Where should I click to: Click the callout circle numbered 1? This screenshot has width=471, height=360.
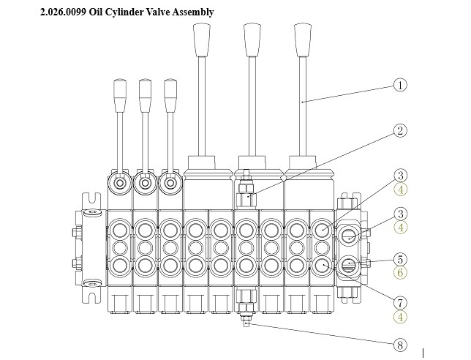400,85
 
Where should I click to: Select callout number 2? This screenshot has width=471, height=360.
400,131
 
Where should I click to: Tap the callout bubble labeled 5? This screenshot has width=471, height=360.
400,259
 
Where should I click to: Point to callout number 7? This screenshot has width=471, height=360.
400,302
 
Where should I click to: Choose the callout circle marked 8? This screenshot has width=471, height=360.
400,344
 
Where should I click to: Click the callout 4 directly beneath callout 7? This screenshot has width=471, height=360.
400,317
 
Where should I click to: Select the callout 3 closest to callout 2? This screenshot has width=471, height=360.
400,176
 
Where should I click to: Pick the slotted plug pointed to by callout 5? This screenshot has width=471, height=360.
350,263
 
